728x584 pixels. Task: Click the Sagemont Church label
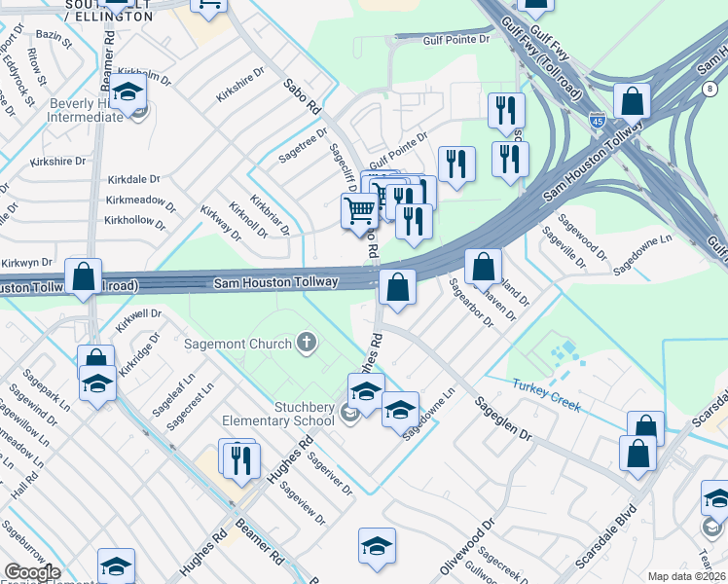click(238, 344)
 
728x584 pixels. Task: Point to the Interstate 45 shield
click(597, 121)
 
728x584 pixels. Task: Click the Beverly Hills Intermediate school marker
click(127, 93)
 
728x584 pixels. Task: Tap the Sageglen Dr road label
click(504, 419)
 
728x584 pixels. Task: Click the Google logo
click(32, 572)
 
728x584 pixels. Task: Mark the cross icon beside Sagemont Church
click(307, 343)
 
